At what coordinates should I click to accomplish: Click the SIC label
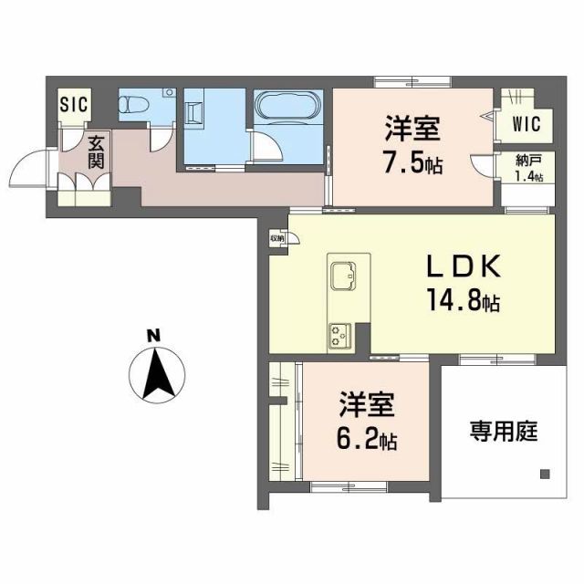74,103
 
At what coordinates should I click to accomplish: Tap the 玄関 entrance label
95,151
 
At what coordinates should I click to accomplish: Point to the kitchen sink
347,276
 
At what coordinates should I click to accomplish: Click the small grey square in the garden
545,474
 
